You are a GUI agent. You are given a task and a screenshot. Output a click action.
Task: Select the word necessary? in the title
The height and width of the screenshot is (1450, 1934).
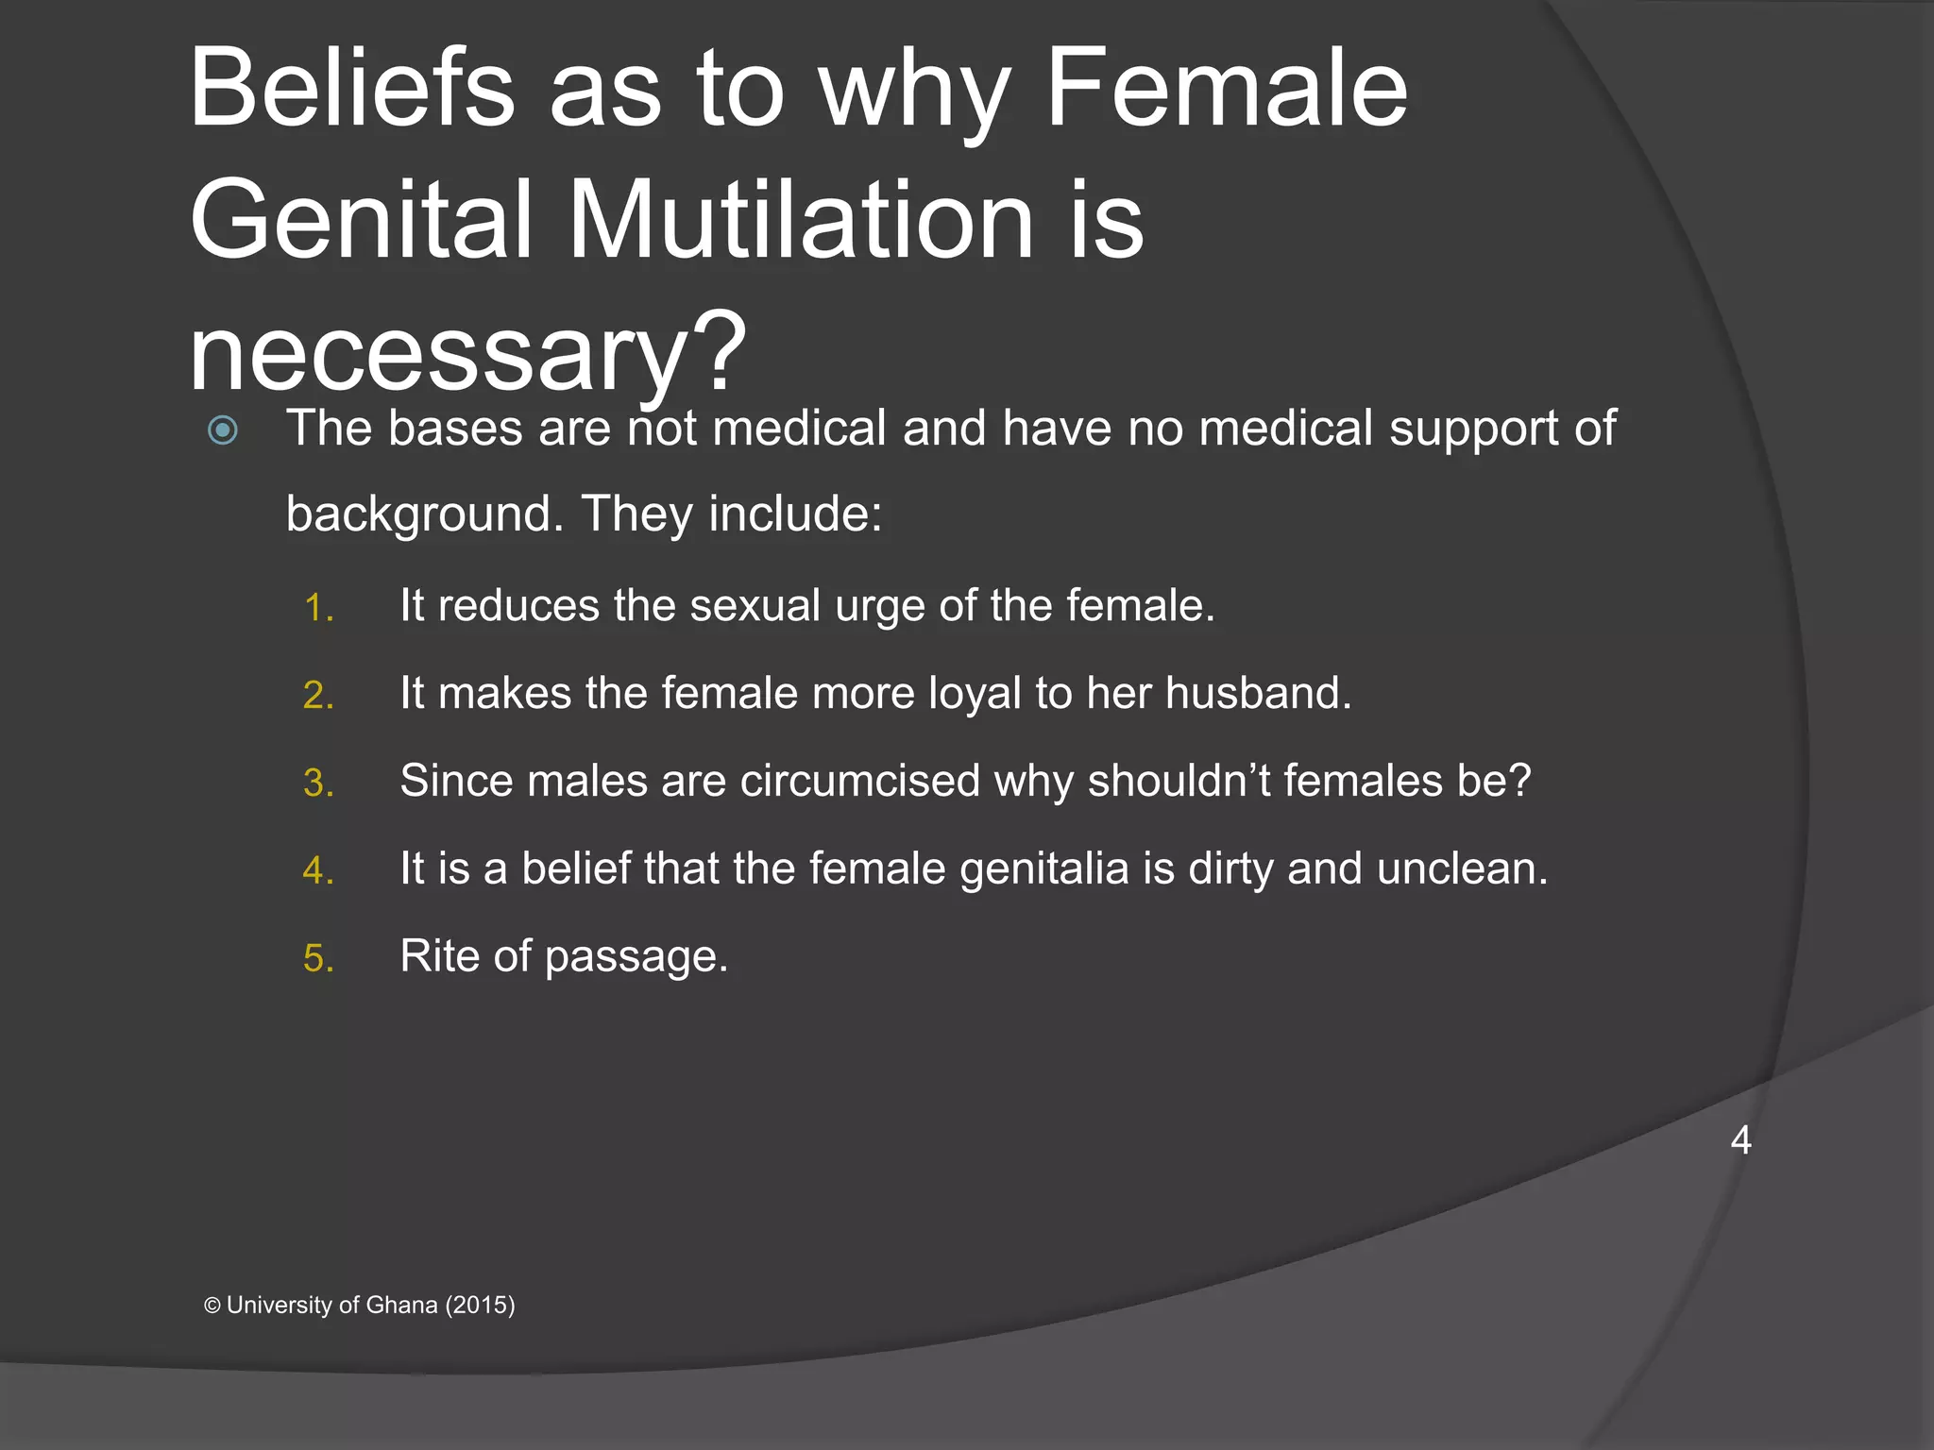(467, 354)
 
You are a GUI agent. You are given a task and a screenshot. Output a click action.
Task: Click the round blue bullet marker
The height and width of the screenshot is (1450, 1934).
(223, 430)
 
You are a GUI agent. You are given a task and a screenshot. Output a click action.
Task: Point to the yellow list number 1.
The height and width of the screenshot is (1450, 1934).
(318, 608)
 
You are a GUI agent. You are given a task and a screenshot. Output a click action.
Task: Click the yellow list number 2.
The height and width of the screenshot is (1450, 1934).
(318, 696)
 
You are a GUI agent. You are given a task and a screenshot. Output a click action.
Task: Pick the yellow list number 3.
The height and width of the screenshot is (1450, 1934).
(318, 784)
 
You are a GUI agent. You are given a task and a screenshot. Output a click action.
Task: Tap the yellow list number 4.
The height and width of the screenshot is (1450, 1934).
(318, 870)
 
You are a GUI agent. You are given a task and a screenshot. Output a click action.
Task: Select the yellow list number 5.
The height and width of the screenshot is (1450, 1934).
(318, 959)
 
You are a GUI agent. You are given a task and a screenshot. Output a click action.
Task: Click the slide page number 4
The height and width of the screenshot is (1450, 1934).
(1740, 1140)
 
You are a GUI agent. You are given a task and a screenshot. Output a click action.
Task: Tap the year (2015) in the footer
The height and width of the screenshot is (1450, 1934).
(480, 1305)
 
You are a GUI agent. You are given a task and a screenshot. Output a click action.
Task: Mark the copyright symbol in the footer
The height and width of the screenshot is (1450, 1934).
(212, 1306)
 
